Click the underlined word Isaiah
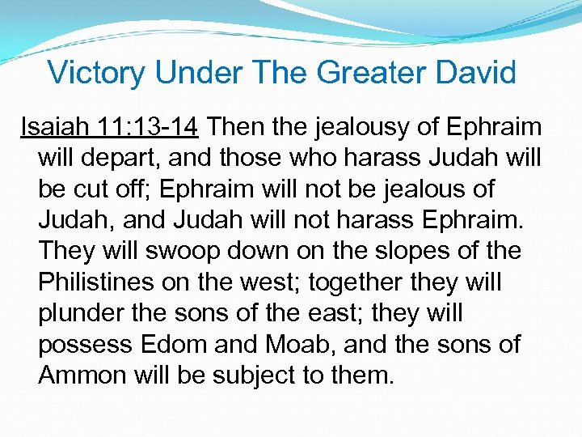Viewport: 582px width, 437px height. (50, 127)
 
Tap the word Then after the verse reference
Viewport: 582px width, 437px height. (238, 127)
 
